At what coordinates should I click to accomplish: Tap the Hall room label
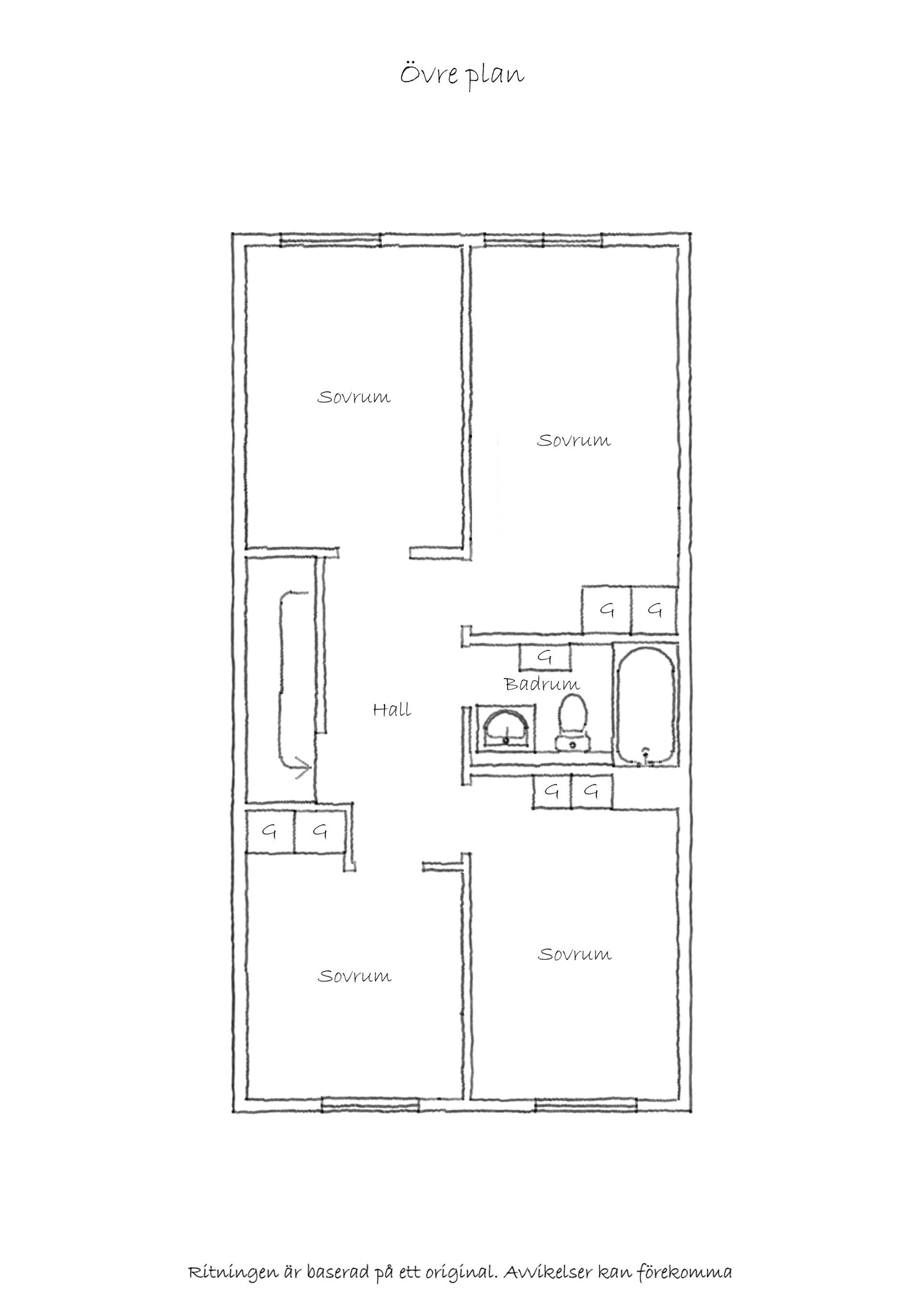tap(392, 709)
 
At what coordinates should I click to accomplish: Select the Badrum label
tap(542, 684)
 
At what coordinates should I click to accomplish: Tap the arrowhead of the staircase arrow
tap(303, 769)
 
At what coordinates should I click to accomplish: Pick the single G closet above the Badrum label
tap(545, 657)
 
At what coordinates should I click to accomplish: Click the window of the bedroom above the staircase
tap(330, 240)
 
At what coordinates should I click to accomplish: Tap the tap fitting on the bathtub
tap(645, 755)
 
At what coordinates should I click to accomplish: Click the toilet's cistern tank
tap(573, 743)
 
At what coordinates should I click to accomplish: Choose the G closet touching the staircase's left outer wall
tap(270, 831)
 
